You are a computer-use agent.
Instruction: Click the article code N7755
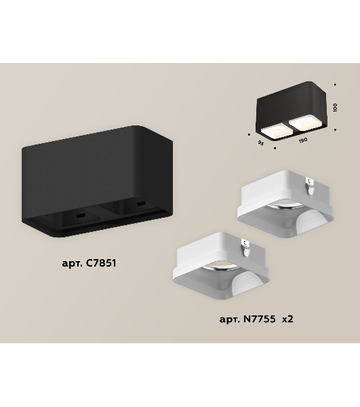pos(260,319)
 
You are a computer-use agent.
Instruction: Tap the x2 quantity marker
pos(287,319)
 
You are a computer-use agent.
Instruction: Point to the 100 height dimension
pos(335,107)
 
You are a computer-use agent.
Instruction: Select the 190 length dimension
pos(303,140)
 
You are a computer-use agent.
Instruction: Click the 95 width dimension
pos(260,142)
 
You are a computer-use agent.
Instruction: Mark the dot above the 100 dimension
pos(335,85)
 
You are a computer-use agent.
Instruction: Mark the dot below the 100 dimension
pos(335,130)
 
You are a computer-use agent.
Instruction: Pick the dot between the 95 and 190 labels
pos(275,148)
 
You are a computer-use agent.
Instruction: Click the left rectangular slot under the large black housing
pos(81,215)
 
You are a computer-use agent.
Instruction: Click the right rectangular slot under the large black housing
pos(141,203)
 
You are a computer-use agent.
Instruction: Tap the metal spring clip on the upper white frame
pos(311,185)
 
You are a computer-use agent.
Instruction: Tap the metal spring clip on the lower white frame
pos(246,248)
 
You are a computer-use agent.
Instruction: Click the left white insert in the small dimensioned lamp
pos(274,132)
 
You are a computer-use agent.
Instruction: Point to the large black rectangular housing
pos(97,181)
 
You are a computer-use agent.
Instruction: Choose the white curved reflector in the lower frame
pos(249,285)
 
